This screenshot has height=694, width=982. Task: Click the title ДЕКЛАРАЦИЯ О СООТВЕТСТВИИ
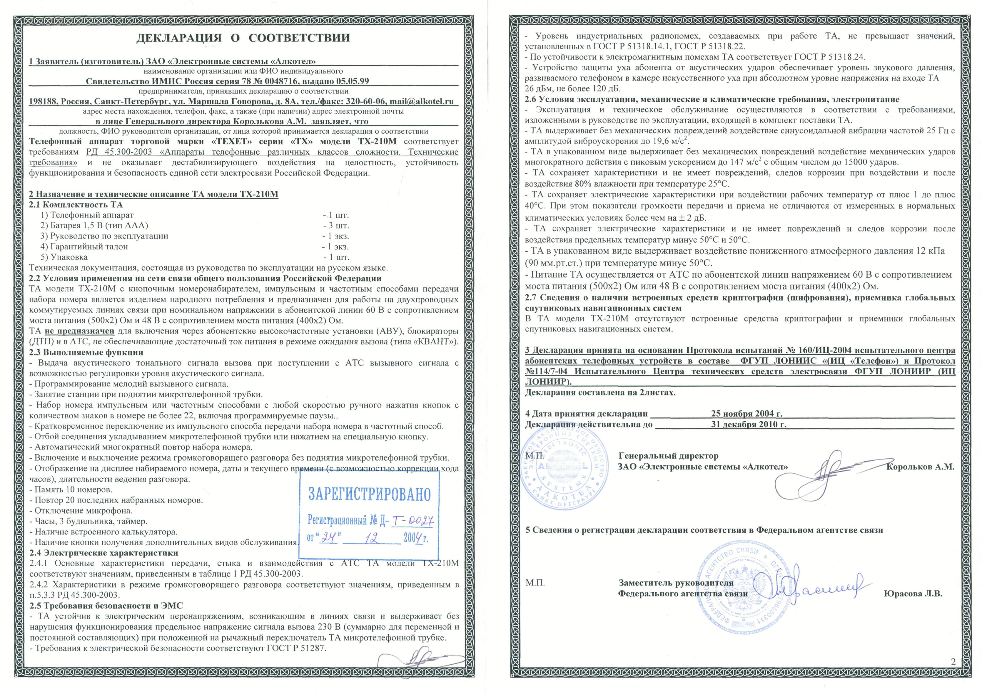[243, 38]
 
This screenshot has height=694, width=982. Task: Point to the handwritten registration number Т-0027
[413, 521]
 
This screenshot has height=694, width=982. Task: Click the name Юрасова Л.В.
[913, 594]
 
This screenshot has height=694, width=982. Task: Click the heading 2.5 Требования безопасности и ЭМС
[106, 606]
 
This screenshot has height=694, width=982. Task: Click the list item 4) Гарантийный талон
[84, 247]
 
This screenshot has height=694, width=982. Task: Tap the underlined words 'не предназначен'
[79, 331]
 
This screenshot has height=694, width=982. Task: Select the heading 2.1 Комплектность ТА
[76, 205]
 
